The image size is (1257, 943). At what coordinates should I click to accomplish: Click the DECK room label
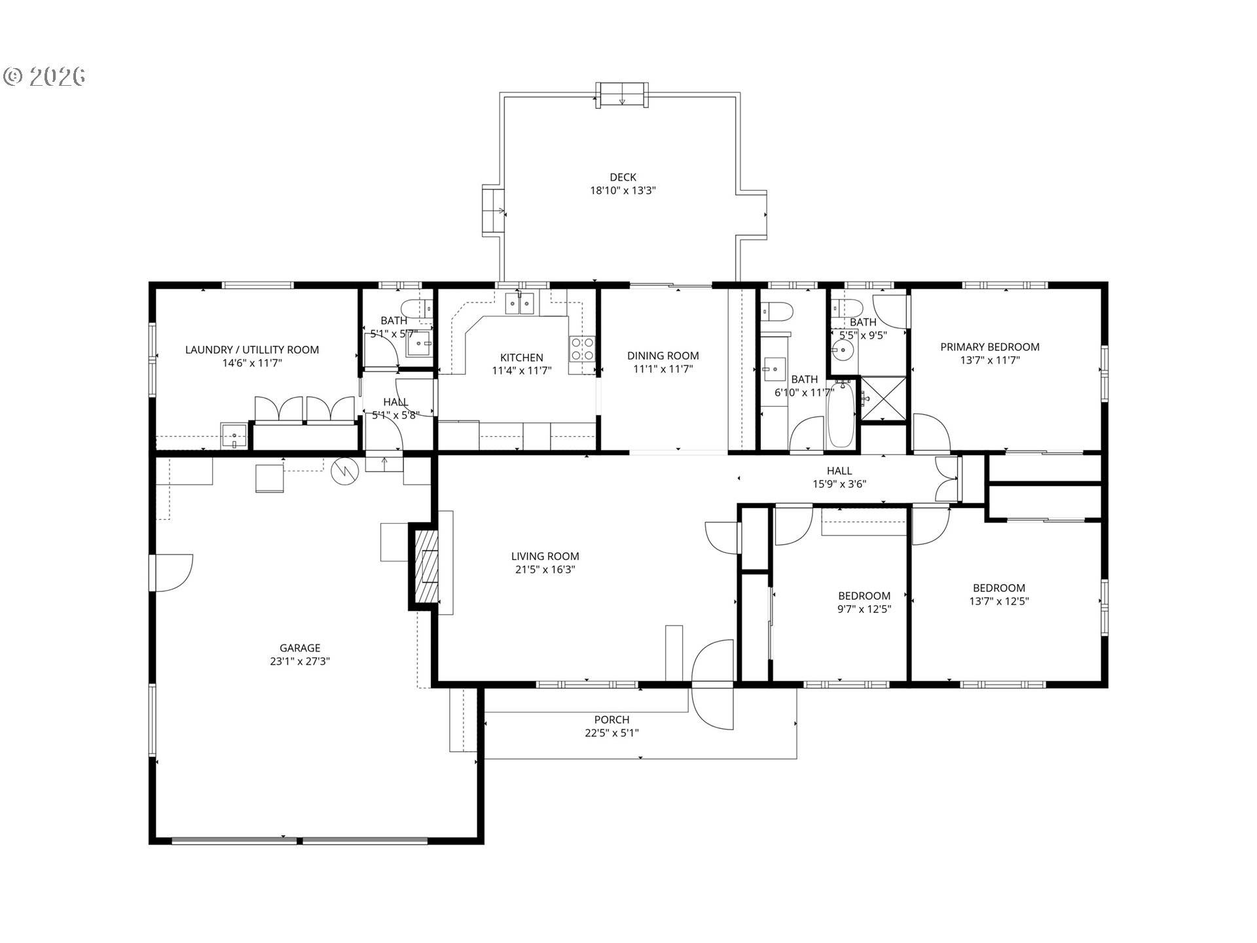pos(623,177)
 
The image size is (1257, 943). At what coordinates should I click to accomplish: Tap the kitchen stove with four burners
pos(582,348)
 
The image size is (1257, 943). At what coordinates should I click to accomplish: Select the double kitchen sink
pos(520,303)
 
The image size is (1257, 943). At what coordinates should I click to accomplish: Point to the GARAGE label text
pos(300,648)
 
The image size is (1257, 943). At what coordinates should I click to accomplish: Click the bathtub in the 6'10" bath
pos(841,415)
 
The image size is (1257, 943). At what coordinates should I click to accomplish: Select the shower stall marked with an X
pos(883,398)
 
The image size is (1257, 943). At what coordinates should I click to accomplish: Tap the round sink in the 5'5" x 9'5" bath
pos(843,348)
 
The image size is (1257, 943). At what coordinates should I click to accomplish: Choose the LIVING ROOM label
pos(545,557)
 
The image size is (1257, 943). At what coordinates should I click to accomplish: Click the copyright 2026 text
pos(45,77)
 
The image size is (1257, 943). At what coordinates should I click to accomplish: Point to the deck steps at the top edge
pos(622,95)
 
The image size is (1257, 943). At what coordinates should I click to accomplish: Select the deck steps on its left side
pos(493,211)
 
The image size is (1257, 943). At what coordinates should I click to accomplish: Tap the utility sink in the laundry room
pos(234,435)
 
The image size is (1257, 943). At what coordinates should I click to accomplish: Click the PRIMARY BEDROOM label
pos(989,347)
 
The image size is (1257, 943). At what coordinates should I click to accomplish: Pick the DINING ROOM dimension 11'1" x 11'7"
pos(663,369)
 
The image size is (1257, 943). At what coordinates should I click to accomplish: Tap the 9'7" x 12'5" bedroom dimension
pos(864,609)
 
